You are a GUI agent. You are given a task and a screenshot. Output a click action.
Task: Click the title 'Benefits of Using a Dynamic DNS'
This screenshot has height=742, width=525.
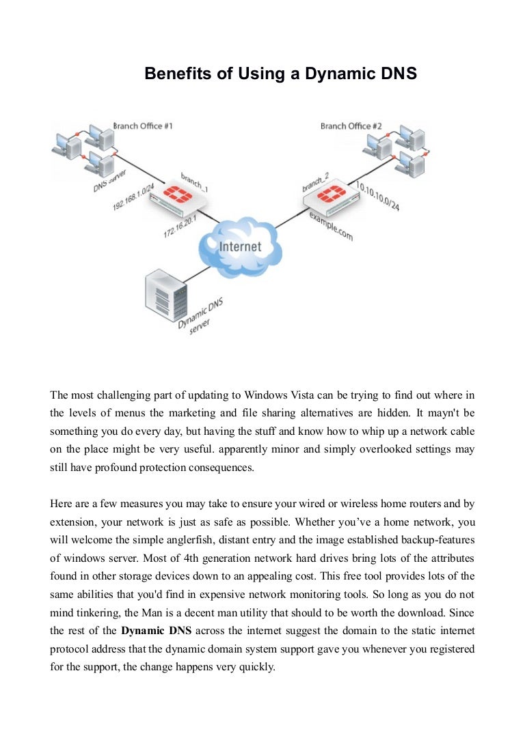tap(280, 74)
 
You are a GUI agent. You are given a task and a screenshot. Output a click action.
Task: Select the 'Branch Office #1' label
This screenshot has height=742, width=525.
tap(143, 126)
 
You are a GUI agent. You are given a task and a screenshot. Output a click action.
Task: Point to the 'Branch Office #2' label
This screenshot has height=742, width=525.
tap(351, 126)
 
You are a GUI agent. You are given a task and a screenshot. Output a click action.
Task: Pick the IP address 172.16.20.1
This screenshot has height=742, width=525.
tap(180, 224)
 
